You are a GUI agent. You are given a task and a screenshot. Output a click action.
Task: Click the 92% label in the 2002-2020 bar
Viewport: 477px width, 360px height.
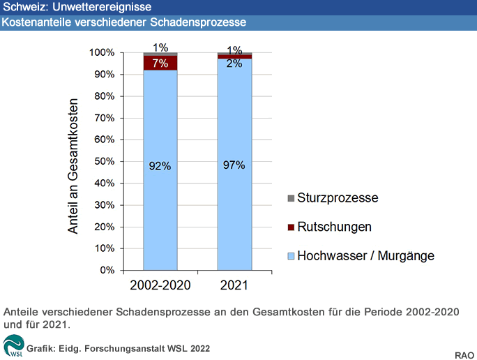click(x=160, y=166)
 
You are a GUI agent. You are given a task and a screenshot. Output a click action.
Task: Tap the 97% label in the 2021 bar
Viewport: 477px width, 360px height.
click(x=234, y=165)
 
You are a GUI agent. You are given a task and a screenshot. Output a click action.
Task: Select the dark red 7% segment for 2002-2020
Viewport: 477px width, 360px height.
click(x=160, y=63)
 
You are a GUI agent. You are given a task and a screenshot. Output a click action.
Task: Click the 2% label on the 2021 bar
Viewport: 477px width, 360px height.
click(x=234, y=63)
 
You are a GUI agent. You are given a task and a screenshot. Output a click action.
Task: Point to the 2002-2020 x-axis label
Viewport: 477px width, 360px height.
click(x=160, y=286)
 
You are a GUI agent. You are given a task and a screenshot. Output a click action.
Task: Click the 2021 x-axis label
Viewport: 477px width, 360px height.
click(x=234, y=286)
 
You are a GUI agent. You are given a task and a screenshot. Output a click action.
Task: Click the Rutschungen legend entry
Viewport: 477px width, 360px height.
click(x=334, y=227)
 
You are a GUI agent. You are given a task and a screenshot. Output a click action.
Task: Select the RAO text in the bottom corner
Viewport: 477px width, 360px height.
click(x=465, y=352)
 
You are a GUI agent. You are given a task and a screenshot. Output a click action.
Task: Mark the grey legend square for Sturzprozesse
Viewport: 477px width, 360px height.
click(x=291, y=198)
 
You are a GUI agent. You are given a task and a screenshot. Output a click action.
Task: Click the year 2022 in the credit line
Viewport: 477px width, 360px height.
click(x=197, y=347)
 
